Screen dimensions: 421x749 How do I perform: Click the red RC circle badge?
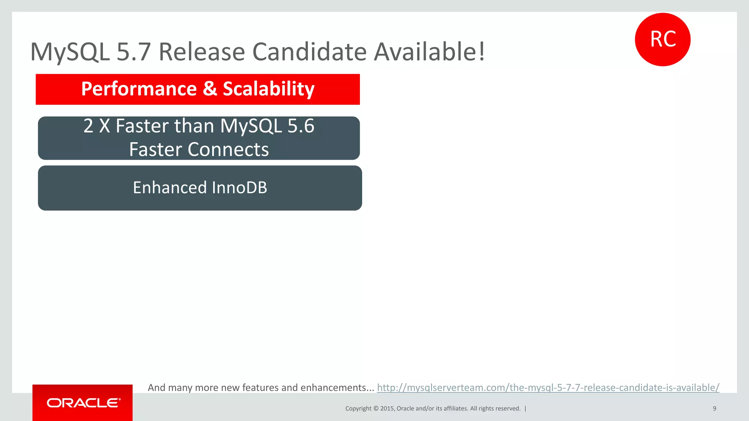[662, 39]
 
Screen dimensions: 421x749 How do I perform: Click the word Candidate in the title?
[309, 52]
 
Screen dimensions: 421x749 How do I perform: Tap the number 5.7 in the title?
[133, 52]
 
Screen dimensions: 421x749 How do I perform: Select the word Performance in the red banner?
[139, 89]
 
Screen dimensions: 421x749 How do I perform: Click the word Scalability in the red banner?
[268, 89]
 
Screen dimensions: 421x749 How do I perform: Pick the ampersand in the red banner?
[210, 89]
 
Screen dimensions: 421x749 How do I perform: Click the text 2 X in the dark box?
[97, 126]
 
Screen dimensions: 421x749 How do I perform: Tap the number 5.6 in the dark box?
[301, 126]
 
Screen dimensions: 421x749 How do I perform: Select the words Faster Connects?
[199, 149]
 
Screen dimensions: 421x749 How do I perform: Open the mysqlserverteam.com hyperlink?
[548, 387]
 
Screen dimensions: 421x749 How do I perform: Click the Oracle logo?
[83, 403]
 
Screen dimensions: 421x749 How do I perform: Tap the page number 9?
[714, 409]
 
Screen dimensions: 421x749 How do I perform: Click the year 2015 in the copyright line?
[387, 409]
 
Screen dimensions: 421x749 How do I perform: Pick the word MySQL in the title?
[70, 52]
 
